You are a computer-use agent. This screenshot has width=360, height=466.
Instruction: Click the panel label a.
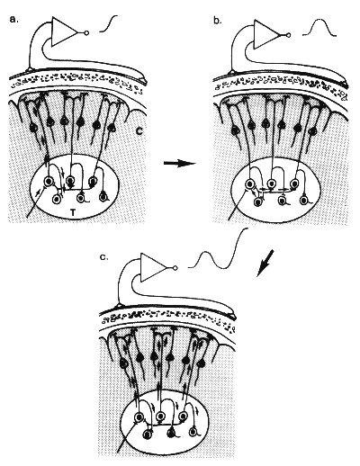(x=13, y=20)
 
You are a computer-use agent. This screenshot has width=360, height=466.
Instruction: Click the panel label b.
(x=218, y=21)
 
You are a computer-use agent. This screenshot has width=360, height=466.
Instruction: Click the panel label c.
(x=103, y=257)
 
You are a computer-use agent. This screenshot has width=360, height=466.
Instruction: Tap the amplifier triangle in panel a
(x=64, y=31)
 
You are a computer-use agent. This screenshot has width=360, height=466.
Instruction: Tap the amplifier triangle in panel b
(x=266, y=34)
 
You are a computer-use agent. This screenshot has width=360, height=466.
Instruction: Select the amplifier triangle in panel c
(x=154, y=267)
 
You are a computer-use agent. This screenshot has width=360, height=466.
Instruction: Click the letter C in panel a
(x=139, y=131)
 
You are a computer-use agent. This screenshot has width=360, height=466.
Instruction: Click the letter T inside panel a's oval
(x=72, y=212)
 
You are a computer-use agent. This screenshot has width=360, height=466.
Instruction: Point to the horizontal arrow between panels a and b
(x=179, y=164)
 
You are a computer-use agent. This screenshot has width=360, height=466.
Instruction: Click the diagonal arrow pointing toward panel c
(x=265, y=264)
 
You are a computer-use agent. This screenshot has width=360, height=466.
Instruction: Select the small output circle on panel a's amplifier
(x=87, y=32)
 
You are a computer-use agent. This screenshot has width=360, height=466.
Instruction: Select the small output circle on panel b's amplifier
(x=289, y=35)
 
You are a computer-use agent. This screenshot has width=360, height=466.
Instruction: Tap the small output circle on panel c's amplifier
(x=175, y=268)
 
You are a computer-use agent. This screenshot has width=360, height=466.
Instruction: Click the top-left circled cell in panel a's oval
(x=49, y=182)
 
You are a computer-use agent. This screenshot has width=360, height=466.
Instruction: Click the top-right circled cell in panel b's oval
(x=295, y=183)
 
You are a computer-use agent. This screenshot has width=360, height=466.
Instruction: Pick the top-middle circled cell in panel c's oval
(x=161, y=417)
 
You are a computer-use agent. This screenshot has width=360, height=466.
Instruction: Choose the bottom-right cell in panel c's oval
(x=193, y=433)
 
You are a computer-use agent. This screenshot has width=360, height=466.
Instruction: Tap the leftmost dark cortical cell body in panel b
(x=235, y=130)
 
